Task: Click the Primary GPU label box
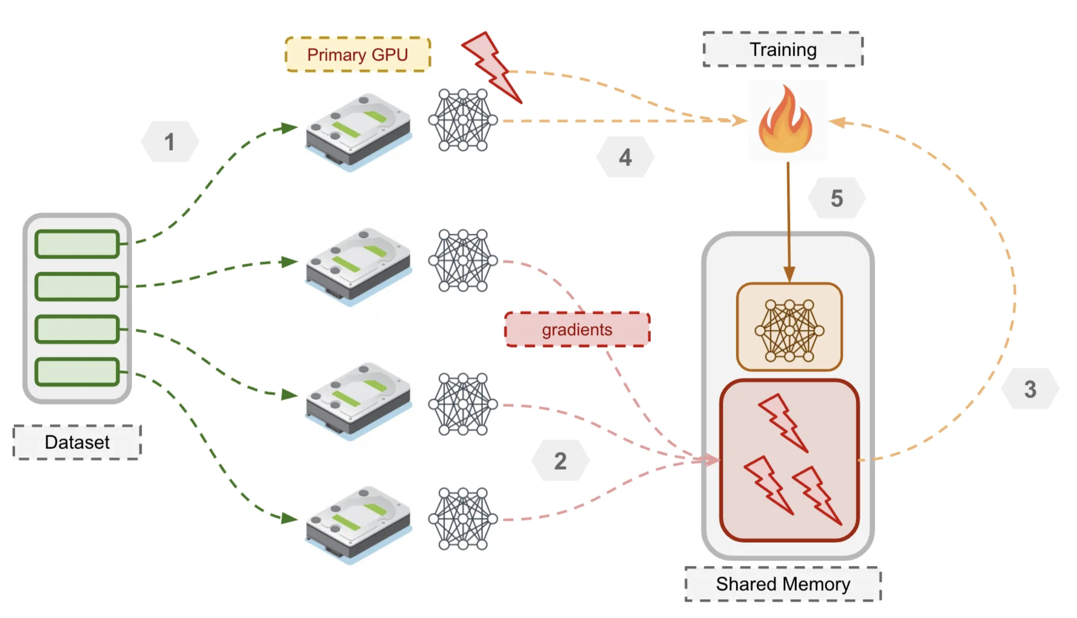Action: tap(357, 54)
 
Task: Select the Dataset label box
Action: tap(77, 442)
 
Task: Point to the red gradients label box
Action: tap(576, 329)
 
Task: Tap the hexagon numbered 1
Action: tap(169, 141)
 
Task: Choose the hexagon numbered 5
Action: tap(836, 198)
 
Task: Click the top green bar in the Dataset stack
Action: tap(77, 244)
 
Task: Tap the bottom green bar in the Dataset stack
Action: tap(77, 372)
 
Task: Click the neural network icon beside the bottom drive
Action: tap(463, 519)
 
